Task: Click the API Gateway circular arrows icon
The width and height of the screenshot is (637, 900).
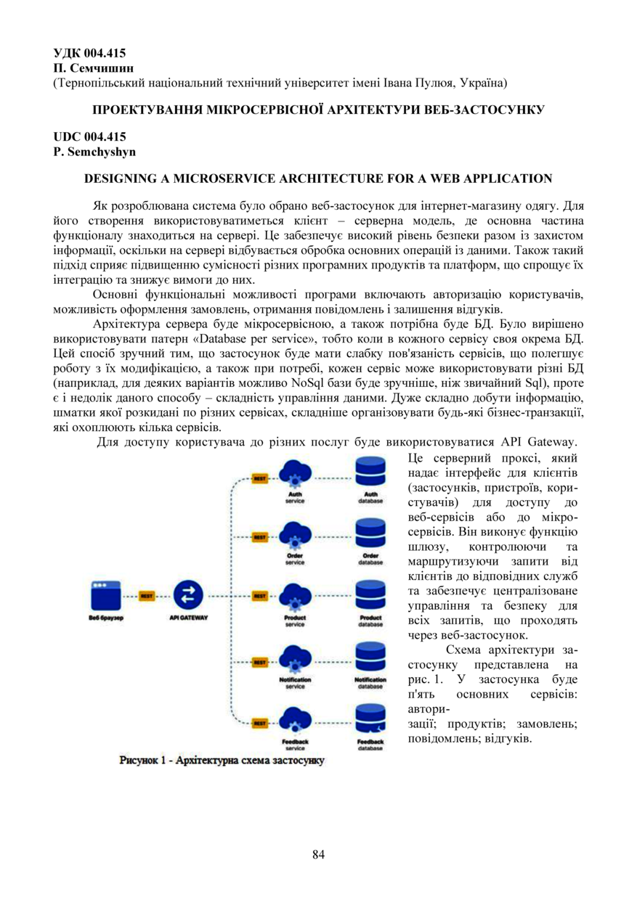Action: [x=188, y=595]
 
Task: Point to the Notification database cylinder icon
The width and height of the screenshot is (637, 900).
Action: [x=370, y=658]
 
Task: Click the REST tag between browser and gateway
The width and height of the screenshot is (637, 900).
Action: [x=146, y=596]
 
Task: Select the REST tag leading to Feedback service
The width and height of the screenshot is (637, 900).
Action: [x=259, y=723]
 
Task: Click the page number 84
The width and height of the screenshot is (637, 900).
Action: [x=318, y=854]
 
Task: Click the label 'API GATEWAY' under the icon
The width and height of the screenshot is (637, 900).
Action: [x=188, y=618]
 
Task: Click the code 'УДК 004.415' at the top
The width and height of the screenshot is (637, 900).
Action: [x=90, y=52]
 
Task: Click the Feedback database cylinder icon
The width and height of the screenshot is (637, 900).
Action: [x=370, y=719]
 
